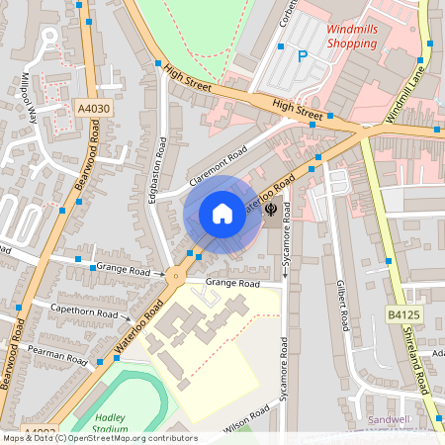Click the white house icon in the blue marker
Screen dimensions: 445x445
coord(222,214)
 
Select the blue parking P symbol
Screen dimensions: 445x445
coord(304,57)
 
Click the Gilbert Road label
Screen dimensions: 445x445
coord(341,304)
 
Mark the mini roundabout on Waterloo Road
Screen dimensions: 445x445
coord(176,276)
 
